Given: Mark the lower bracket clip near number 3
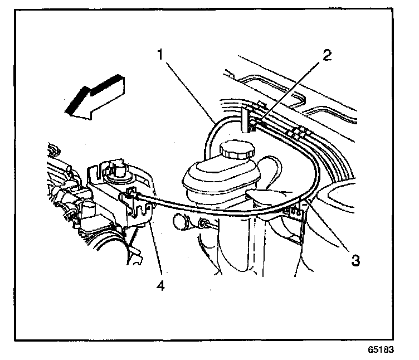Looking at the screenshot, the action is (x=294, y=212).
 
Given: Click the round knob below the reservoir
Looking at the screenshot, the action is (x=182, y=222).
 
